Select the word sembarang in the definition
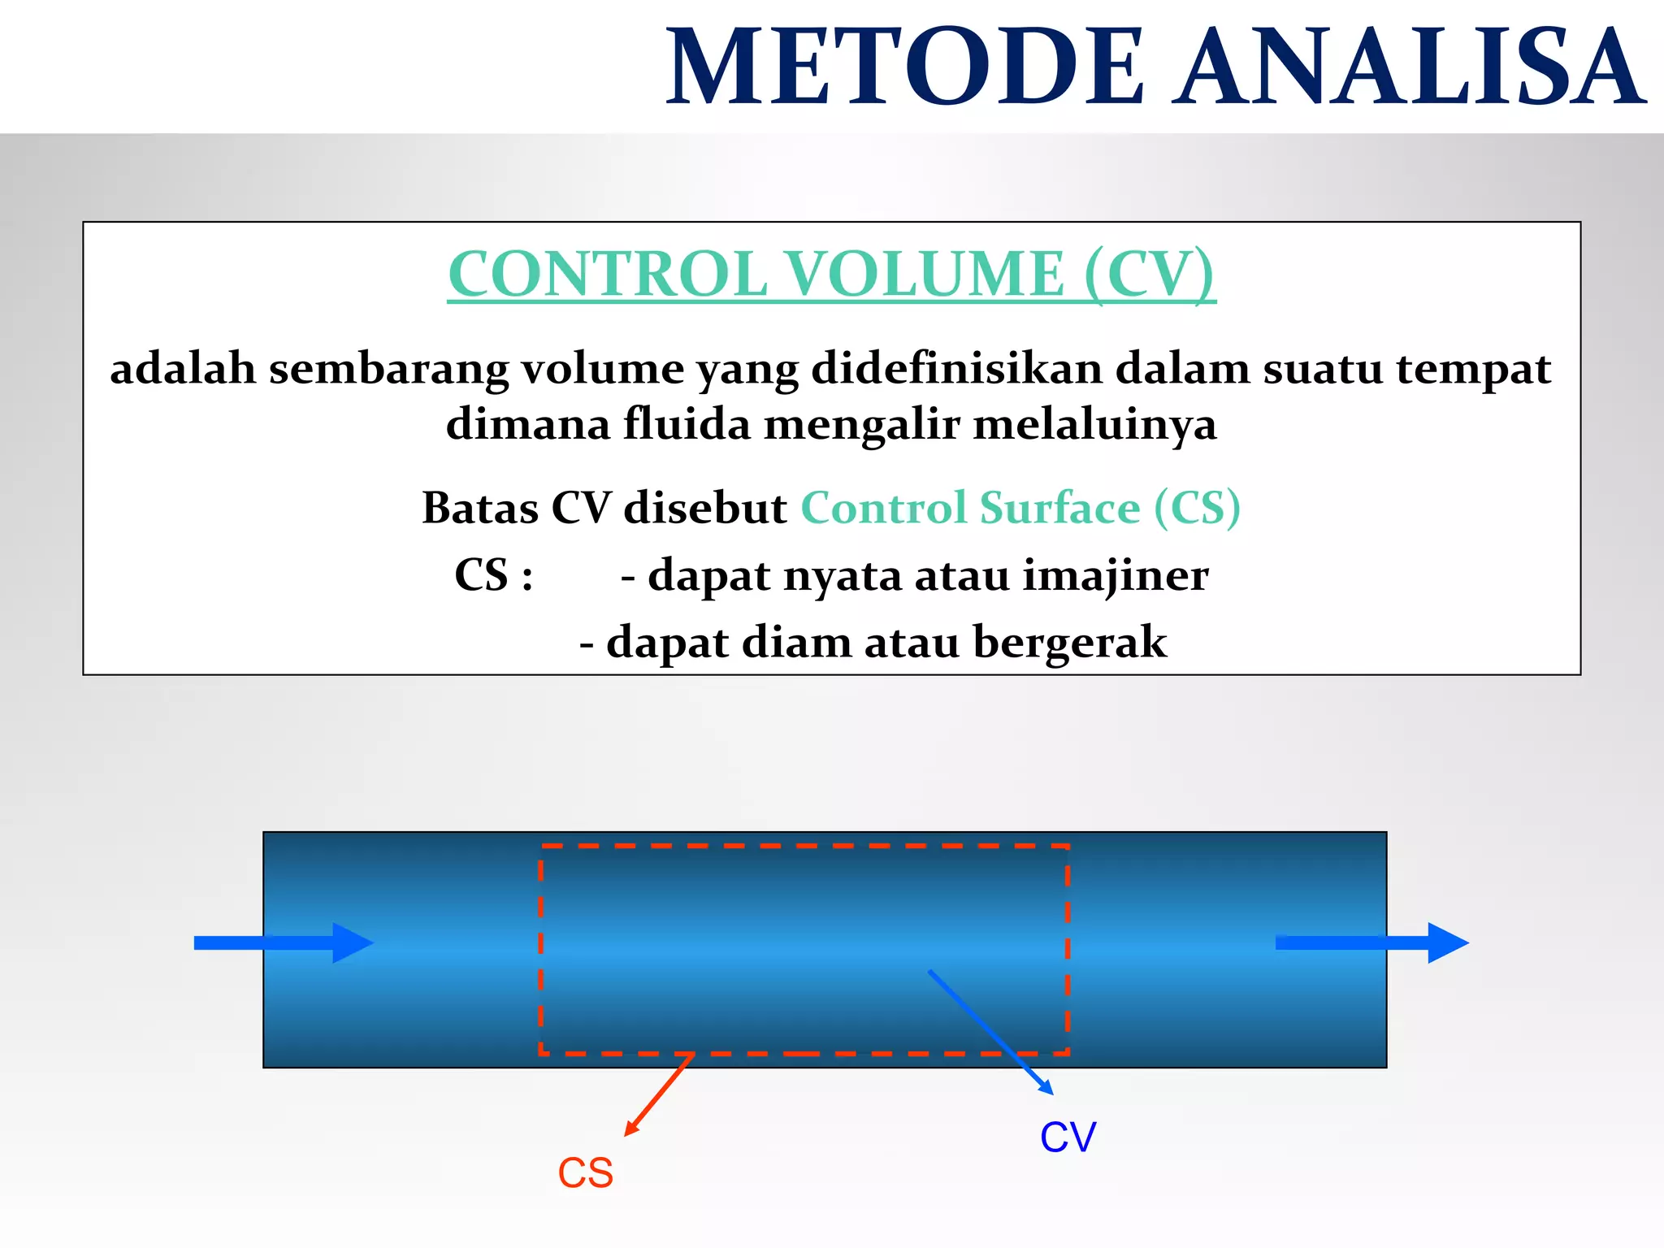click(388, 369)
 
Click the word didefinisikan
click(955, 369)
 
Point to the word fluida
click(687, 424)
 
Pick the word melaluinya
click(1094, 426)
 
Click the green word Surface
click(1059, 509)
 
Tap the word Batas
click(480, 509)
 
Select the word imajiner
click(1115, 577)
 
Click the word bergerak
click(1069, 643)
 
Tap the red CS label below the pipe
click(585, 1173)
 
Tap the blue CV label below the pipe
click(1068, 1137)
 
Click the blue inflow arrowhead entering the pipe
click(351, 942)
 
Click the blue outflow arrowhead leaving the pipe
click(1446, 942)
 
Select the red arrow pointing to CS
click(658, 1095)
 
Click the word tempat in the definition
click(1473, 369)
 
